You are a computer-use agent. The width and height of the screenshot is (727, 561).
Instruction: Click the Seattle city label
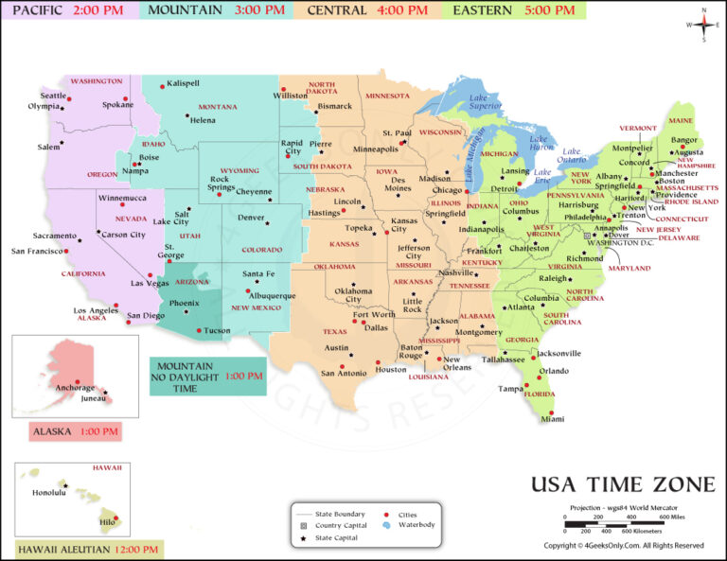[x=53, y=96]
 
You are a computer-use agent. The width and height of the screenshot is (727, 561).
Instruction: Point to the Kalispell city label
[x=183, y=83]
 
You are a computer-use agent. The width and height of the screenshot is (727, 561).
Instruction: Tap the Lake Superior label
[x=485, y=101]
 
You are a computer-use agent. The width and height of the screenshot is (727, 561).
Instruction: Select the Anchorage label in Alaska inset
[x=75, y=388]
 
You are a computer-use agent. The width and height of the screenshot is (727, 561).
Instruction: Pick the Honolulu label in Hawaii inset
[x=50, y=492]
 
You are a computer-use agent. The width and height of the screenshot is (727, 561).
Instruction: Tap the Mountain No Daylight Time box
[x=207, y=377]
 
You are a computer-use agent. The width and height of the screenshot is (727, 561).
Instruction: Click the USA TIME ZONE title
[x=622, y=485]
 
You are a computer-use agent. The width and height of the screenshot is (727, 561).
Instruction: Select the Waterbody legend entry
[x=414, y=524]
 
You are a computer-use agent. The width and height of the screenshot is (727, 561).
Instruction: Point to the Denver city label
[x=251, y=217]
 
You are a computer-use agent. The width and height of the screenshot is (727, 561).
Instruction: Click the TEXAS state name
[x=335, y=331]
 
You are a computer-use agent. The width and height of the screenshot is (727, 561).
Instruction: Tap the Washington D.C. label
[x=622, y=243]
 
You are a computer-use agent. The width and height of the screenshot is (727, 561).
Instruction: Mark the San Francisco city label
[x=37, y=251]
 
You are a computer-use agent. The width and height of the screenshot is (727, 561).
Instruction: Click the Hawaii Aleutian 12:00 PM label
[x=89, y=550]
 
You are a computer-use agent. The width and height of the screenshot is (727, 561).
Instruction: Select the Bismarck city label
[x=334, y=106]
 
